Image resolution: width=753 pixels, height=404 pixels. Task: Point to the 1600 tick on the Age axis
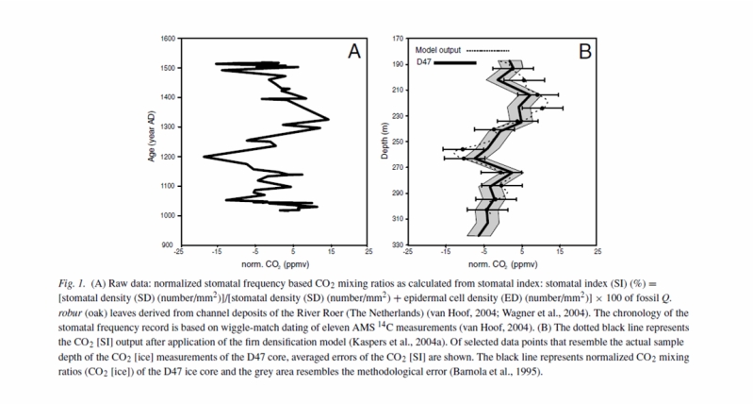click(x=167, y=39)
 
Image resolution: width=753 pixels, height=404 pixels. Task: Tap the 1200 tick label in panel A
click(x=167, y=157)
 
